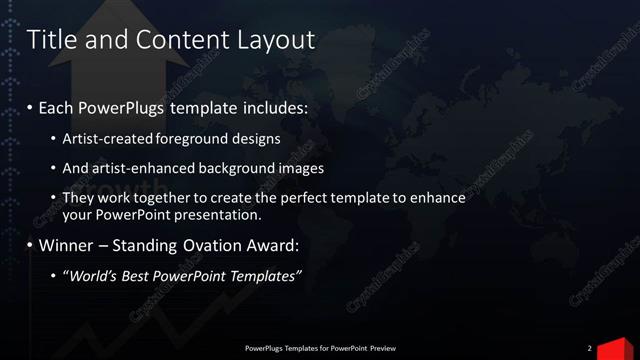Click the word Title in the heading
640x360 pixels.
pyautogui.click(x=48, y=40)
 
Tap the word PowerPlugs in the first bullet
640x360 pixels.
pyautogui.click(x=125, y=106)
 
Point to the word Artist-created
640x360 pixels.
pyautogui.click(x=108, y=139)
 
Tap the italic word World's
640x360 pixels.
pyautogui.click(x=97, y=275)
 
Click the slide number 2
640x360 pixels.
pyautogui.click(x=589, y=348)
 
